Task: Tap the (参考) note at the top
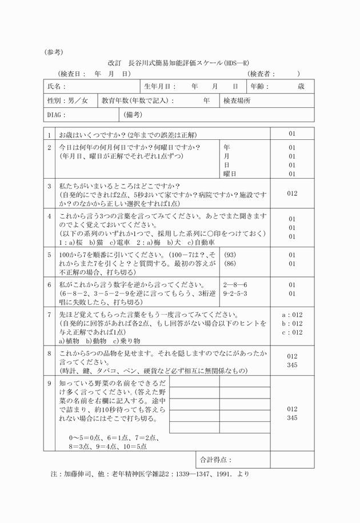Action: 55,51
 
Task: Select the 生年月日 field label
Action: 160,86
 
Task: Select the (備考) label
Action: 134,115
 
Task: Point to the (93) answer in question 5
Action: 230,255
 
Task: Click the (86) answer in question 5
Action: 230,264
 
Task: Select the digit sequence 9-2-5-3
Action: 235,293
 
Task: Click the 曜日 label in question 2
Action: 230,174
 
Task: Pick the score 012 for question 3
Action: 292,193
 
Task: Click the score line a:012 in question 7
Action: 292,315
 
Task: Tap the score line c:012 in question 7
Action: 292,332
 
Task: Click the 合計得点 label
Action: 215,459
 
